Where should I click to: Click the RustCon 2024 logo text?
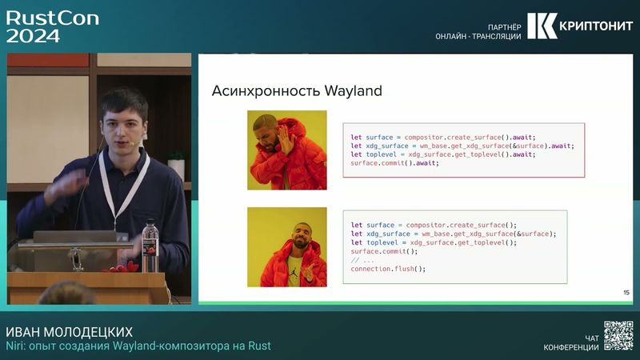(52, 26)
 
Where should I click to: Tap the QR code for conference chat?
(618, 335)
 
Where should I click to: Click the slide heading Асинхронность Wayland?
(297, 91)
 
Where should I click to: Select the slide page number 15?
(626, 293)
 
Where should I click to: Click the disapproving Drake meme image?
(286, 150)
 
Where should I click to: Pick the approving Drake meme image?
(286, 246)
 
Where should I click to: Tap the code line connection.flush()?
(388, 269)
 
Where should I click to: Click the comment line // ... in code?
(362, 260)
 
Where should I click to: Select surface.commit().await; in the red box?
(394, 163)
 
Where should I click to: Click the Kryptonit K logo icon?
(541, 26)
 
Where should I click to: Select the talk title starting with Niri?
(138, 346)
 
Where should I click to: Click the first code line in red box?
(442, 137)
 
